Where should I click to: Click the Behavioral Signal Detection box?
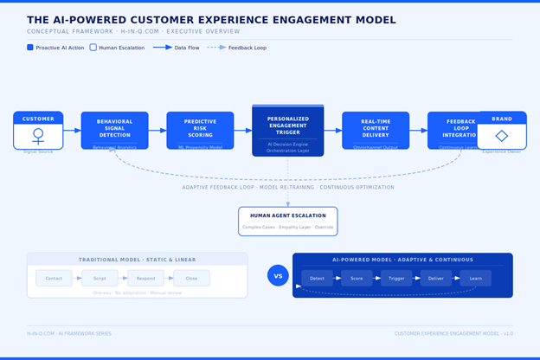(114, 130)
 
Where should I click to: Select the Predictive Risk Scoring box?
(200, 130)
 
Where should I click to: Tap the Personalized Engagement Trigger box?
(287, 131)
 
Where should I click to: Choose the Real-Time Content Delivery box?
(376, 130)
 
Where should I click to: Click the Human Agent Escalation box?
(287, 221)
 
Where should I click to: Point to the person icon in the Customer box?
(38, 136)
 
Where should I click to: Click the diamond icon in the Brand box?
(501, 136)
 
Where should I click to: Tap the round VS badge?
(278, 276)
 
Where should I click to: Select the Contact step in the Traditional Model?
(54, 279)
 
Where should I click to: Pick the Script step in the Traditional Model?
(100, 279)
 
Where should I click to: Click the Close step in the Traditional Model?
(191, 279)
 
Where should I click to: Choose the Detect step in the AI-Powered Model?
(317, 279)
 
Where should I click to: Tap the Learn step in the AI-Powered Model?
(475, 279)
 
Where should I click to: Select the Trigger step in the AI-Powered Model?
(396, 279)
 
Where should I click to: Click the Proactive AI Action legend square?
(30, 48)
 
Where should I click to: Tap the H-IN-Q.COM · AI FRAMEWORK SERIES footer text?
(68, 333)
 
